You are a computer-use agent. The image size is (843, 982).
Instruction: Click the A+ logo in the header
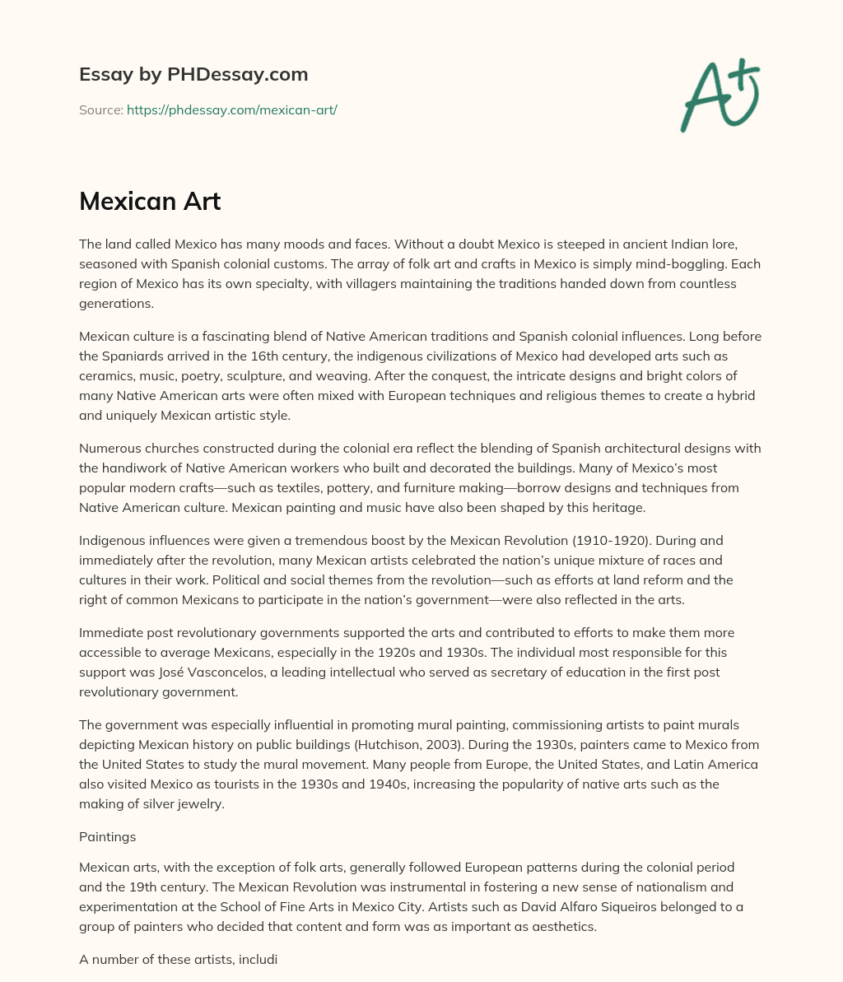(719, 95)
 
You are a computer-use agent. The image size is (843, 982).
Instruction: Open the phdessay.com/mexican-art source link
(231, 109)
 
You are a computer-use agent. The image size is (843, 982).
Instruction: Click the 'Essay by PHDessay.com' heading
(193, 74)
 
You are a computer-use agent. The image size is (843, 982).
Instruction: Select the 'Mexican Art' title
(150, 201)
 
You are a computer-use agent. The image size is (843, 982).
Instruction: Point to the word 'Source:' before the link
(101, 109)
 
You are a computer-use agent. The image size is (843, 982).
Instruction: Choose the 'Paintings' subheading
(107, 836)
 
